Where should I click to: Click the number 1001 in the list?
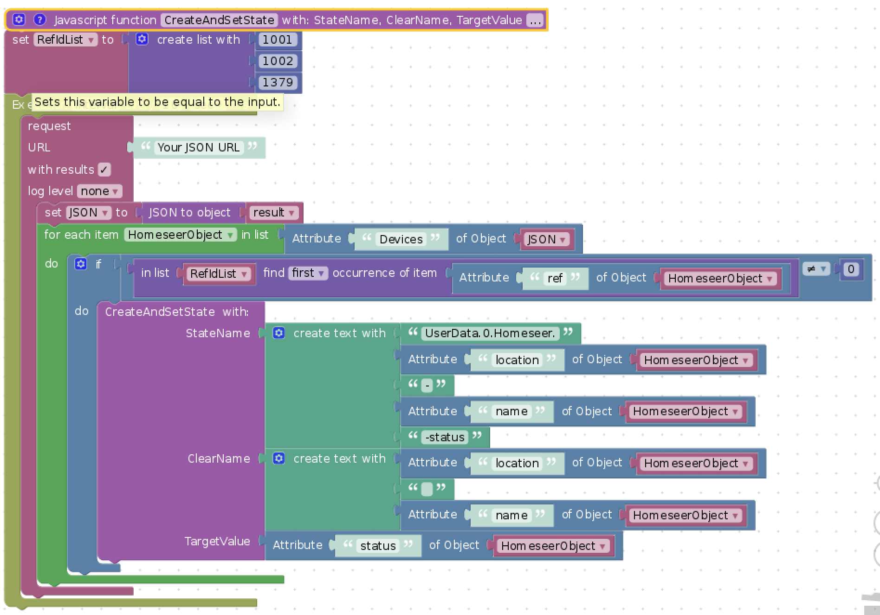[x=277, y=40]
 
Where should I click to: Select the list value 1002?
[x=277, y=61]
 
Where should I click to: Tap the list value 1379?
[x=277, y=83]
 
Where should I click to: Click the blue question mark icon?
[x=40, y=20]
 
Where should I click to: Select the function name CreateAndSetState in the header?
[x=219, y=20]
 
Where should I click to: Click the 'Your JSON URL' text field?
[x=198, y=148]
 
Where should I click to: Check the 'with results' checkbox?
[x=104, y=170]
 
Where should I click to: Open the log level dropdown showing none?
[x=99, y=191]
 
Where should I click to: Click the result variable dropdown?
[x=273, y=213]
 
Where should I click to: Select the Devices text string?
[x=401, y=239]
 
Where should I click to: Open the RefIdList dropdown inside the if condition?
[x=218, y=274]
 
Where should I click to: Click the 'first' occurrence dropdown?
[x=308, y=273]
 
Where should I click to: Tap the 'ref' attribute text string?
[x=555, y=278]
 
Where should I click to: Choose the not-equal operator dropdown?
[x=816, y=269]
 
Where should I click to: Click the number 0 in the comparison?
[x=851, y=269]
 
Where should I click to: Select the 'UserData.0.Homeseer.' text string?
[x=490, y=333]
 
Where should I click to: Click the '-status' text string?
[x=445, y=437]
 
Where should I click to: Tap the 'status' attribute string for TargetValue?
[x=378, y=546]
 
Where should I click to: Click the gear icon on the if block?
[x=81, y=264]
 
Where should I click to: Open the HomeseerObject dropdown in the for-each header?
[x=180, y=235]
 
